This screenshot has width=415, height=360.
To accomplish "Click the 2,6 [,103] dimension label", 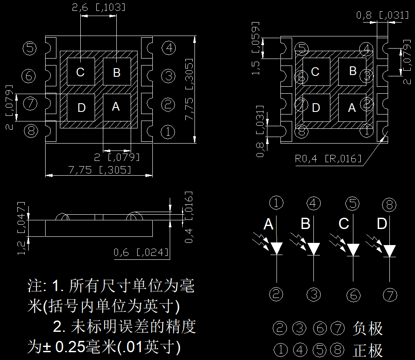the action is (99, 7).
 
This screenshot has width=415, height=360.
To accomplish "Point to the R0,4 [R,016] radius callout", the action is (328, 159).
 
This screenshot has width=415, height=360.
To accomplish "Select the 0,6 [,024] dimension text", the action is (141, 252).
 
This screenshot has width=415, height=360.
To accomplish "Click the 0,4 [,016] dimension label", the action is (188, 217).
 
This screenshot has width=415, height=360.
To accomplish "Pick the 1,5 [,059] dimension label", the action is (255, 49).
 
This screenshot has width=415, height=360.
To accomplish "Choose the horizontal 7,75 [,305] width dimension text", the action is (100, 170).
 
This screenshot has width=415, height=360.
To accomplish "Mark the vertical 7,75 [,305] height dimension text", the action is (189, 89).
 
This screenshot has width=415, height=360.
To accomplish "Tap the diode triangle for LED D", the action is (389, 251).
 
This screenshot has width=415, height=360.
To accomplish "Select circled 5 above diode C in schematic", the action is (352, 204).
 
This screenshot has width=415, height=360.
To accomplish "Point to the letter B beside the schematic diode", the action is (306, 224).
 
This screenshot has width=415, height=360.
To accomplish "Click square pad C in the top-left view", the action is (81, 72).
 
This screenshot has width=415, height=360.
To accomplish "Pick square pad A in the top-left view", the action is (117, 107).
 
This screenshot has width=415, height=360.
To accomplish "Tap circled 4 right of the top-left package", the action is (168, 48).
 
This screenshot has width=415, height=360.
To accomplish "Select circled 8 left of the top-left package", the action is (31, 131).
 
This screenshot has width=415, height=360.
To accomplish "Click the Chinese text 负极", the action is (368, 328).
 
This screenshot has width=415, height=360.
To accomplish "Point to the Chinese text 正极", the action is (368, 350).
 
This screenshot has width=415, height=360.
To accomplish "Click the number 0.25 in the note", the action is (70, 347).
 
